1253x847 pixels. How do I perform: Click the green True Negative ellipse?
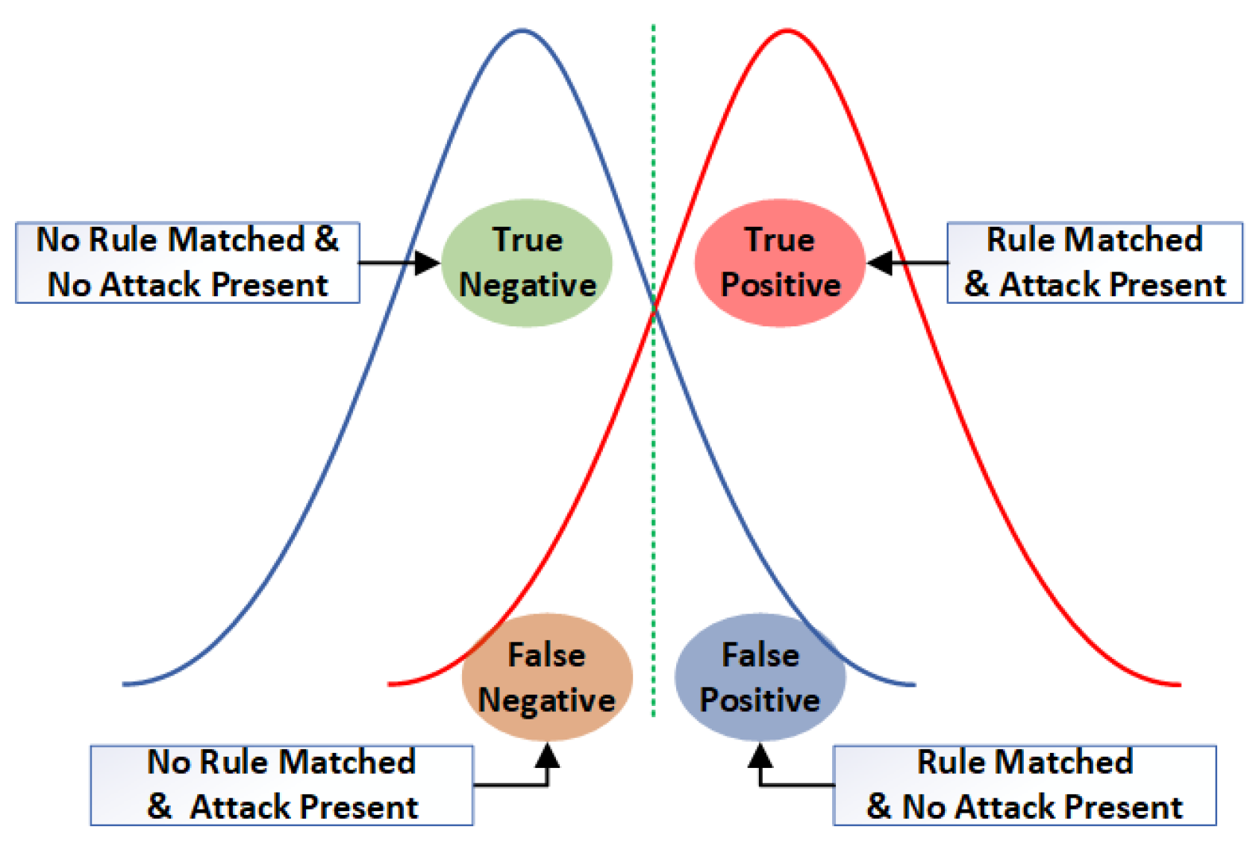[527, 263]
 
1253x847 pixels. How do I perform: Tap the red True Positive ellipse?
[780, 263]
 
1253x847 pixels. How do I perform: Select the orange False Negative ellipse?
[547, 677]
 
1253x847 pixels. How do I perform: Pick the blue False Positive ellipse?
[760, 677]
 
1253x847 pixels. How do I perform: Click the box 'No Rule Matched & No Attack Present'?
[187, 263]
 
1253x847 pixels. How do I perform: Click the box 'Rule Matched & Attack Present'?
[1094, 263]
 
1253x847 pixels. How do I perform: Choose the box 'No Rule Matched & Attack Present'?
[281, 785]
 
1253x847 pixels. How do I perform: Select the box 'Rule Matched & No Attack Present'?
[1024, 785]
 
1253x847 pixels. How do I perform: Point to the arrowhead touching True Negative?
[428, 263]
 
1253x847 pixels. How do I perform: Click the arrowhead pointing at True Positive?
[879, 263]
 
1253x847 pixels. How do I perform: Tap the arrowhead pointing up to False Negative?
[548, 755]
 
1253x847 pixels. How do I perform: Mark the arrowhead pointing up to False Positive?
[760, 755]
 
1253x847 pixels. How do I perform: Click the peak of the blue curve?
[522, 31]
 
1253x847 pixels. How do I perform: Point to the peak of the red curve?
[787, 31]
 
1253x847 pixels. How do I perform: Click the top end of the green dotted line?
[654, 27]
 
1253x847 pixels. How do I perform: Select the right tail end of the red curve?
[1179, 684]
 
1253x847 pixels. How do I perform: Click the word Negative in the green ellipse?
[528, 285]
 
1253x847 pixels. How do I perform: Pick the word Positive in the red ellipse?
[781, 285]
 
